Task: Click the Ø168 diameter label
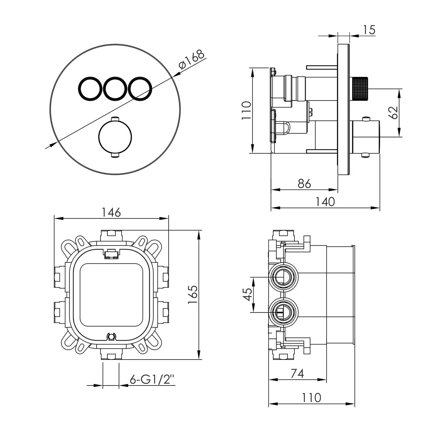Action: [x=192, y=59]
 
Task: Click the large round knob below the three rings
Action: [x=115, y=137]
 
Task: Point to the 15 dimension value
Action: [x=369, y=30]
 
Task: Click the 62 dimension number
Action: [x=393, y=112]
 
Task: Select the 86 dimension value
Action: [x=304, y=184]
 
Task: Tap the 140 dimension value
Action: [x=325, y=201]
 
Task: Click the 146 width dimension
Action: [x=111, y=212]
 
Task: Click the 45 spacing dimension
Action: [x=247, y=294]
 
